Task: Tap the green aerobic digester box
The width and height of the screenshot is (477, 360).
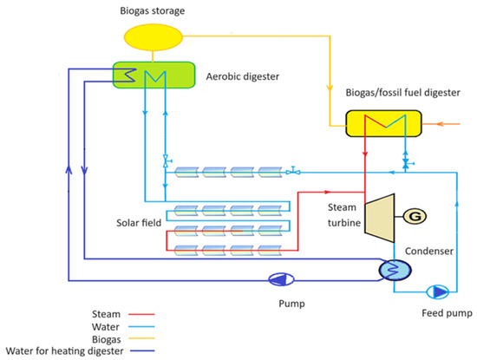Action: [152, 75]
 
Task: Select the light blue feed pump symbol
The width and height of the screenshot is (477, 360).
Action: [439, 291]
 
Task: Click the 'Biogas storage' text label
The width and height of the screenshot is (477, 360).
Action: [152, 10]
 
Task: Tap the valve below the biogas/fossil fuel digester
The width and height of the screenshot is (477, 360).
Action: [403, 163]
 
